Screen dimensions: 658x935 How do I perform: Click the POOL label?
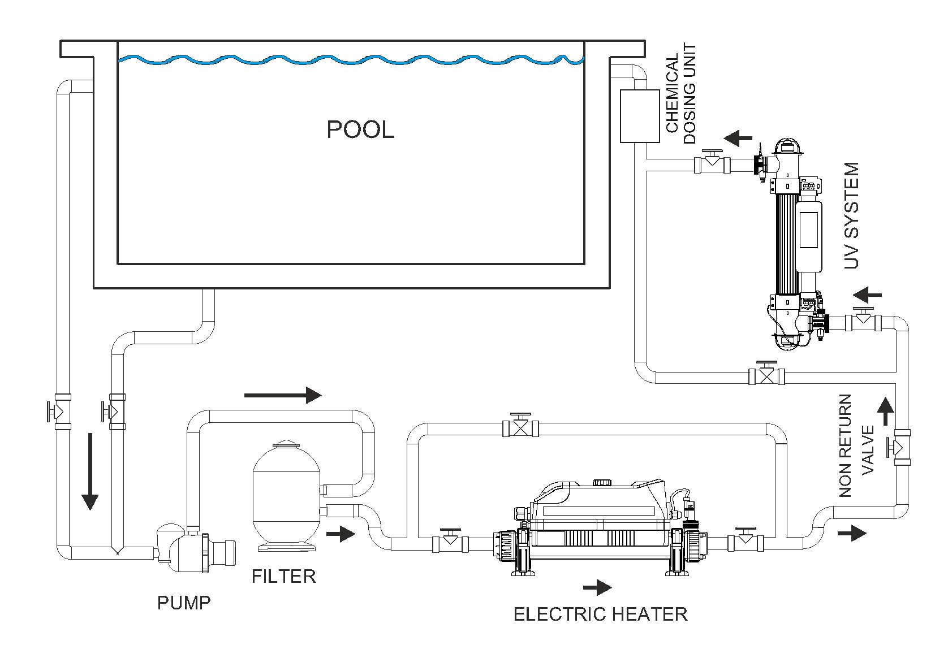[360, 130]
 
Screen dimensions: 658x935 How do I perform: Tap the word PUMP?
[184, 603]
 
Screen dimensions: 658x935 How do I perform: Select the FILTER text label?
[283, 577]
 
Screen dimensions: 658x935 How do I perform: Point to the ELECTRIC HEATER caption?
[600, 614]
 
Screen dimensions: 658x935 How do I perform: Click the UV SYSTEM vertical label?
[851, 215]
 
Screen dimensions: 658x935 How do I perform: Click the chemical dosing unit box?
[640, 116]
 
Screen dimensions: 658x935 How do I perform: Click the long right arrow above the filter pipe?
[283, 395]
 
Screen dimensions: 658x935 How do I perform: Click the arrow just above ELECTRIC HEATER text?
[597, 588]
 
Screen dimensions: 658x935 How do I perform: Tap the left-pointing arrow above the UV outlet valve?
[738, 137]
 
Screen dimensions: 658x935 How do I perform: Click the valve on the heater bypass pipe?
[520, 427]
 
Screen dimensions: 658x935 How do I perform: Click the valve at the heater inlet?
[450, 543]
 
